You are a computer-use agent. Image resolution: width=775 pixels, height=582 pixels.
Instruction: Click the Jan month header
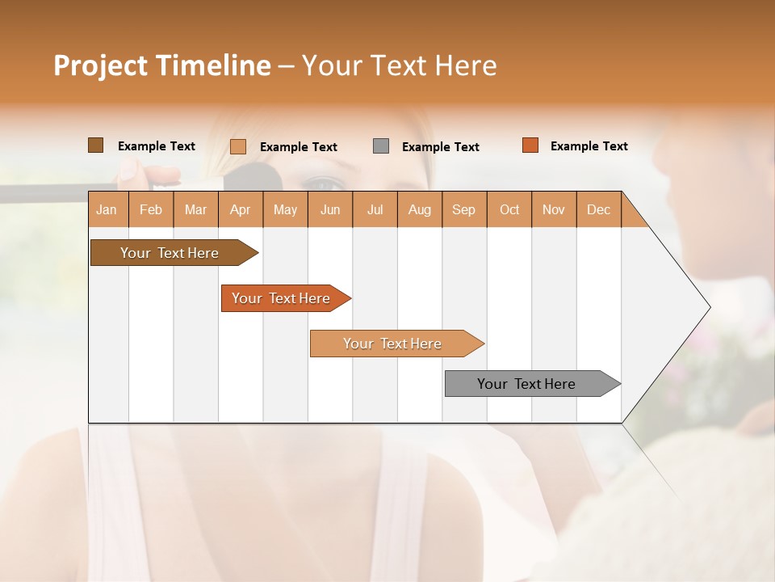click(107, 209)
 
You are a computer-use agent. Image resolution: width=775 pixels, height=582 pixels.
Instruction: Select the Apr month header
click(241, 209)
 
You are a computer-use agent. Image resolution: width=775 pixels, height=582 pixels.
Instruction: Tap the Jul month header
click(375, 209)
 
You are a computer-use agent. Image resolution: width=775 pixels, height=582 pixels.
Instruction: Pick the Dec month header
click(598, 209)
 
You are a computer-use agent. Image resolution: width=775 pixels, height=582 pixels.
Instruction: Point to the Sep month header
click(464, 209)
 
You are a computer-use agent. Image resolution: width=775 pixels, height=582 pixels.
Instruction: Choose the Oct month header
click(509, 209)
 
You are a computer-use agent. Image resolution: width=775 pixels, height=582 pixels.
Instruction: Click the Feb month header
click(151, 209)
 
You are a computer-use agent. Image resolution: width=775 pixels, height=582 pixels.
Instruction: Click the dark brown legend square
click(95, 145)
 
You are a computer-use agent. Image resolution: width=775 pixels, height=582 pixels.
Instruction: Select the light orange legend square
click(238, 146)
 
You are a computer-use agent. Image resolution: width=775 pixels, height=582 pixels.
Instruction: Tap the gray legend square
click(381, 146)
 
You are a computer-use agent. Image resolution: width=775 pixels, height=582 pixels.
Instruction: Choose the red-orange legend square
click(530, 145)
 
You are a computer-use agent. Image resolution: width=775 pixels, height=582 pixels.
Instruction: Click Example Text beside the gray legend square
click(441, 147)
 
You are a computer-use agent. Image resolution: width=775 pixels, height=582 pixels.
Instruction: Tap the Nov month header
click(554, 209)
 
